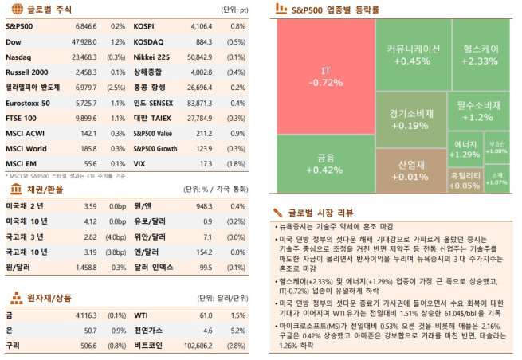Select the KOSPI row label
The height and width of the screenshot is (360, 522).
(x=144, y=26)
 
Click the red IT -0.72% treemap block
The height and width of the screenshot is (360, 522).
(x=325, y=76)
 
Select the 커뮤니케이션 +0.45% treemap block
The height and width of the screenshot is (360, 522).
(x=413, y=54)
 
